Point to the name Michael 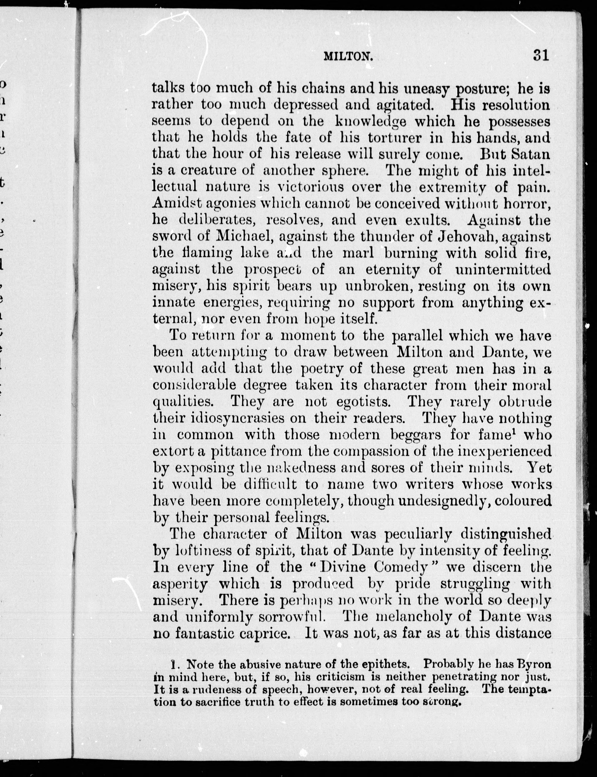click(243, 236)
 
